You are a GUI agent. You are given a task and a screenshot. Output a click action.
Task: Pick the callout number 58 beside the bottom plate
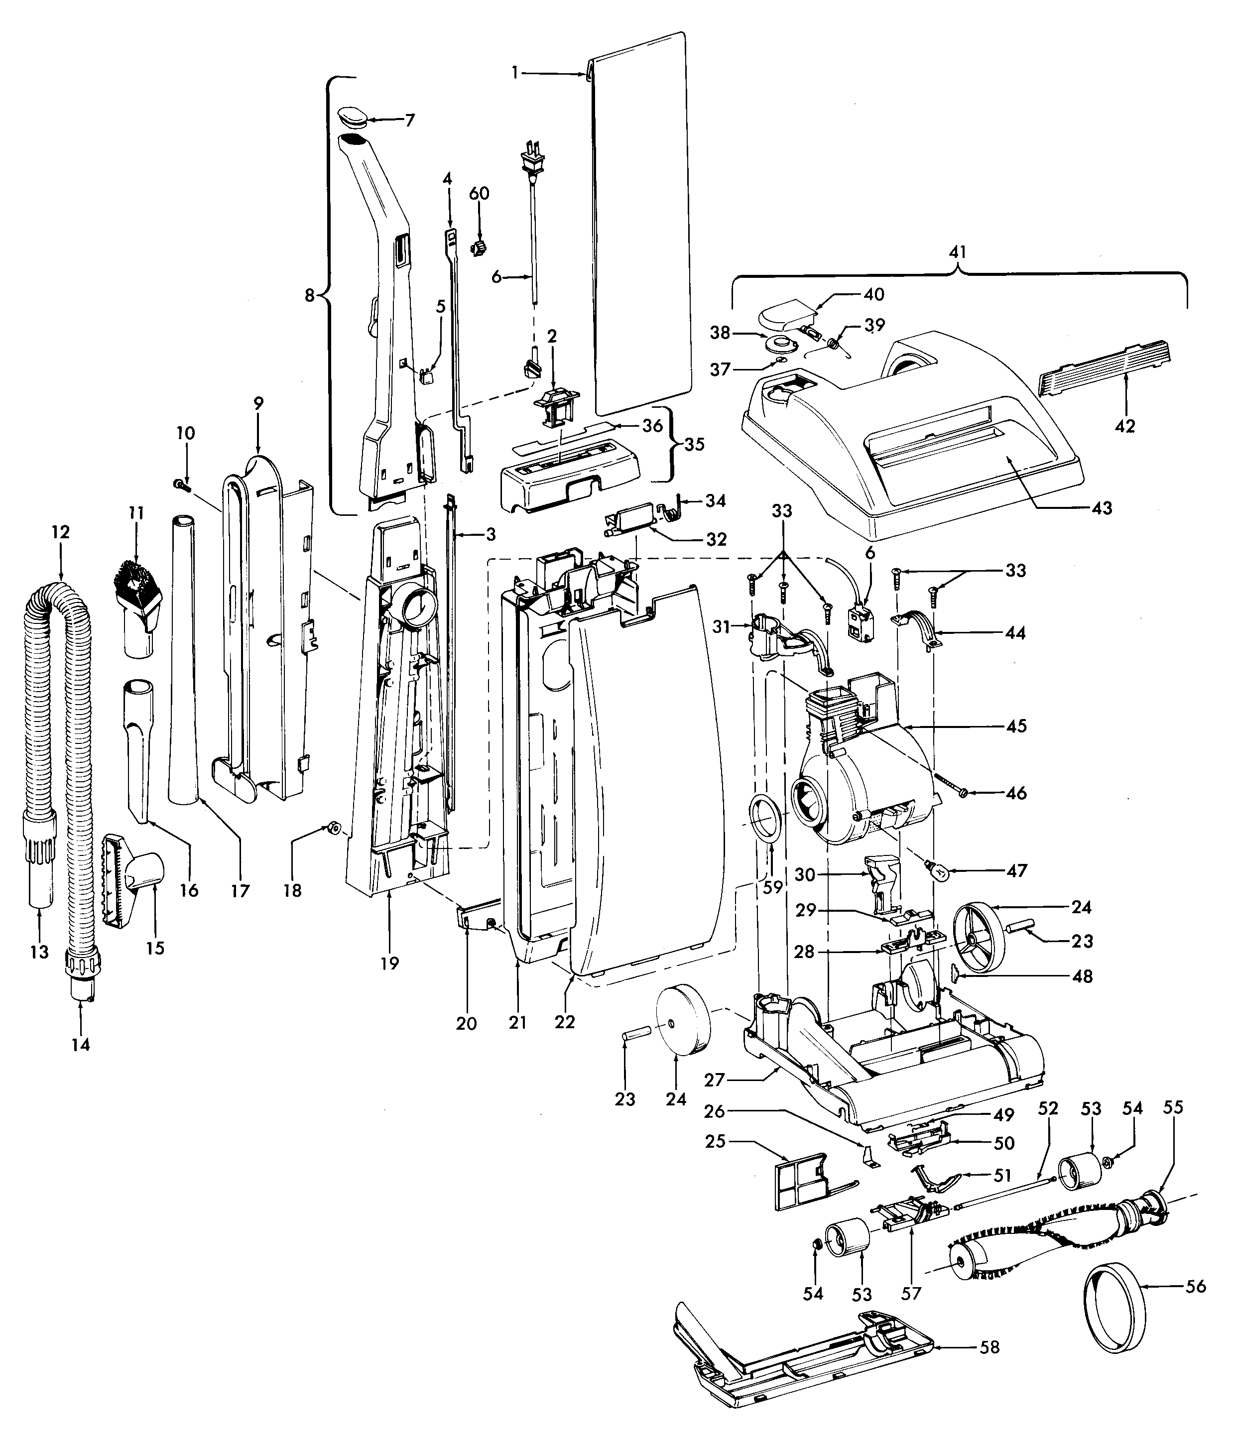pyautogui.click(x=989, y=1347)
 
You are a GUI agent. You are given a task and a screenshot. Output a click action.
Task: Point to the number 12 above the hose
pyautogui.click(x=61, y=532)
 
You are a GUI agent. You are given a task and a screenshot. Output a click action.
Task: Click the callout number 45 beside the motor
pyautogui.click(x=1016, y=726)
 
